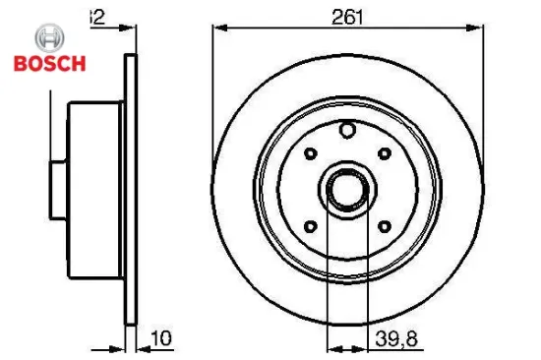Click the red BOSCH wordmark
[49, 64]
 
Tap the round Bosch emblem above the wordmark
[47, 39]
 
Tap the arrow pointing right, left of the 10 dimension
[116, 345]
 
